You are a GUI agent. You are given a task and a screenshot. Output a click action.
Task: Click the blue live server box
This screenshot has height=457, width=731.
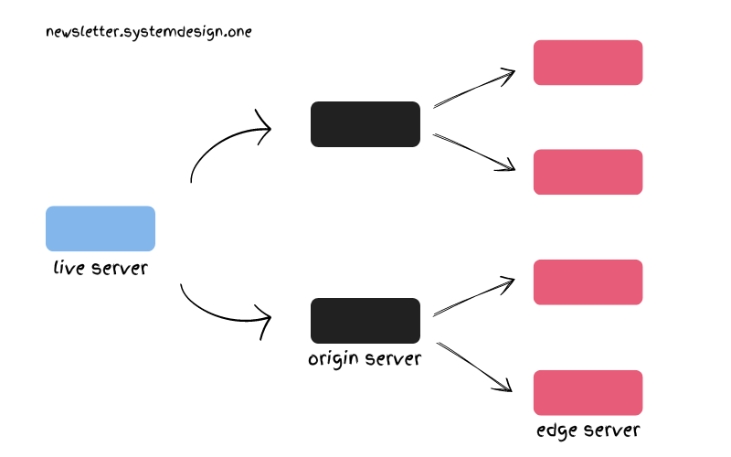coord(101,228)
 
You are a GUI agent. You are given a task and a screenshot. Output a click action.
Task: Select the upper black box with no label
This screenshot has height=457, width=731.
coord(365,124)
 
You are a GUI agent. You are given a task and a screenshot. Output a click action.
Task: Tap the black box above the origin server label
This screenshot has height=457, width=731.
coord(365,321)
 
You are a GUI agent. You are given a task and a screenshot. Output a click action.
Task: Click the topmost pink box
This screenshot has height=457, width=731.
coord(588,62)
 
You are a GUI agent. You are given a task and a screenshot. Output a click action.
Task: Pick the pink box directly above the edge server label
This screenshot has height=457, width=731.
coord(588,393)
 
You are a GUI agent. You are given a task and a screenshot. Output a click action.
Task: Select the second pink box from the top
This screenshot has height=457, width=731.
coord(588,172)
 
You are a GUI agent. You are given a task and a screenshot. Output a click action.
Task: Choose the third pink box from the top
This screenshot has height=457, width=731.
coord(588,282)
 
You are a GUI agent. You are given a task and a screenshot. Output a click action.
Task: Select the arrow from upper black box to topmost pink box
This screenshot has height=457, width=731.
coord(473,91)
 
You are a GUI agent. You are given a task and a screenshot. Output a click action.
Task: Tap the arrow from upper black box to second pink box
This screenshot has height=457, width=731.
coord(473,152)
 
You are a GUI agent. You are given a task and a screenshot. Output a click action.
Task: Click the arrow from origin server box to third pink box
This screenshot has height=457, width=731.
coord(473,298)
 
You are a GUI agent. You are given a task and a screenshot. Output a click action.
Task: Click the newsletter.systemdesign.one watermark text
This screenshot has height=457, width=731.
coord(149,32)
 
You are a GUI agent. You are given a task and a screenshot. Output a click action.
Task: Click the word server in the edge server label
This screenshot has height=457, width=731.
coord(611,430)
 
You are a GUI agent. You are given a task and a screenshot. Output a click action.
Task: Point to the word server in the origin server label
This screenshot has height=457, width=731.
coord(393,358)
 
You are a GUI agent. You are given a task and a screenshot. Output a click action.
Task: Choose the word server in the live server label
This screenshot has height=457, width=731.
coord(119,269)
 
